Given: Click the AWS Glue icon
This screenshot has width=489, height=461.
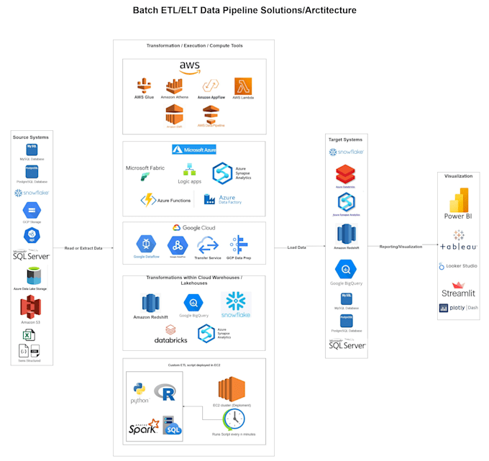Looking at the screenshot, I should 144,86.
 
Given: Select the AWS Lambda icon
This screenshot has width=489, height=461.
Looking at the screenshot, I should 242,86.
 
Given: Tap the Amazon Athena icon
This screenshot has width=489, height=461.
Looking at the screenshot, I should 175,86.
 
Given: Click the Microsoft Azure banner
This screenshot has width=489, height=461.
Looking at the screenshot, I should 194,150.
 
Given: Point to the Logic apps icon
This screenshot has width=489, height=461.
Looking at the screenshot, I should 190,170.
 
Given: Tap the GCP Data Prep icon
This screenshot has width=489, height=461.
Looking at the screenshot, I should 239,244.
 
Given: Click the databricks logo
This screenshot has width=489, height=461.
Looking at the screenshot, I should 161,332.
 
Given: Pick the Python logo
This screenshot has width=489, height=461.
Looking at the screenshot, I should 140,391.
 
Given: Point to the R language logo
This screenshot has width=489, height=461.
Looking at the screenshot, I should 168,392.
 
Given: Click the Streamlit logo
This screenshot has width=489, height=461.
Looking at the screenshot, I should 458,288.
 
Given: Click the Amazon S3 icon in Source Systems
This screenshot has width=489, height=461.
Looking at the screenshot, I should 31,308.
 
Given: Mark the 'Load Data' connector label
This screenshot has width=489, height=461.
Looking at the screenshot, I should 296,247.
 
